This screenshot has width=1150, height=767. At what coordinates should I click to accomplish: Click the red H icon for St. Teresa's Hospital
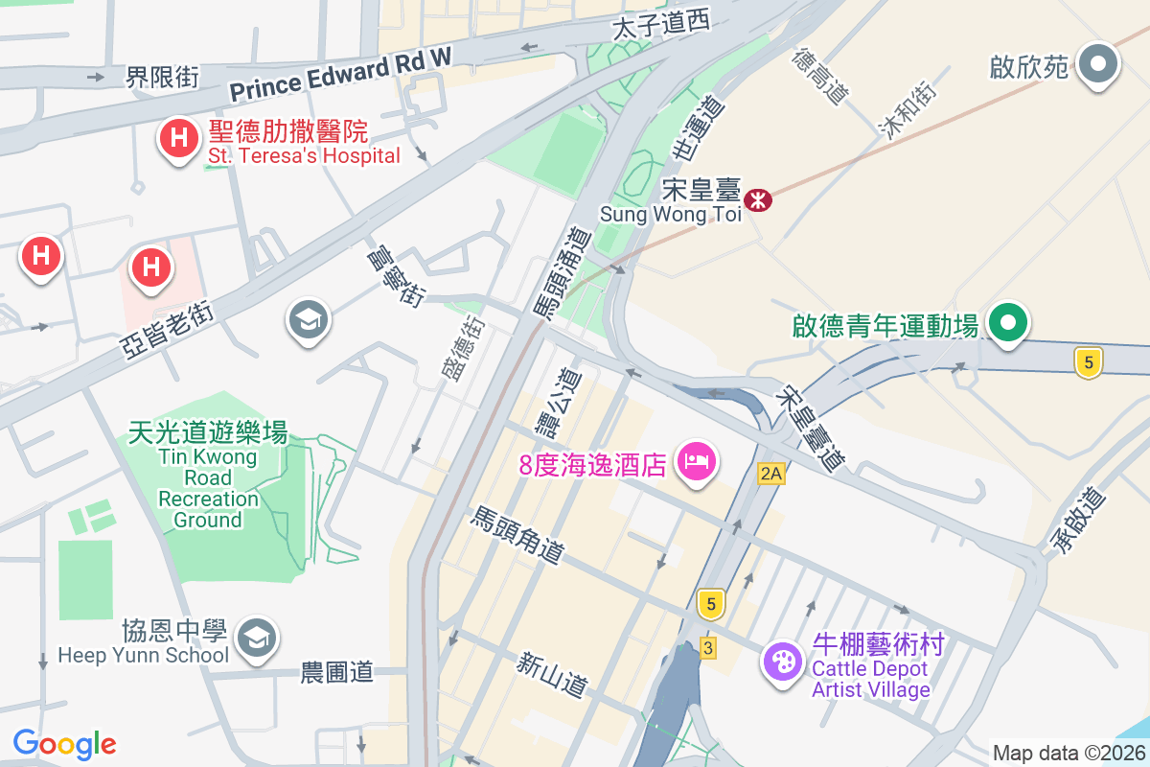[x=177, y=138]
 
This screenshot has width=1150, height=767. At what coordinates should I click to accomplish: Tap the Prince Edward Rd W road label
[x=340, y=76]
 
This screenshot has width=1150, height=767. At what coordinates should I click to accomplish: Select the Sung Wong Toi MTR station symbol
[x=759, y=200]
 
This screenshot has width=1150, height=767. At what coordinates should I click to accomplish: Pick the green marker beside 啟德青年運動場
[x=1008, y=322]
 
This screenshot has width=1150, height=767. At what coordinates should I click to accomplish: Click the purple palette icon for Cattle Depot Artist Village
[x=783, y=661]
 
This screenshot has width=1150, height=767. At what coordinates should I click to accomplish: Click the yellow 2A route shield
[x=770, y=473]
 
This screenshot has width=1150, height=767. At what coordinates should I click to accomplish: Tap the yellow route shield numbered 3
[x=708, y=648]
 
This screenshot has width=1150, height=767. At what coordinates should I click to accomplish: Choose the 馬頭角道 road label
[x=517, y=536]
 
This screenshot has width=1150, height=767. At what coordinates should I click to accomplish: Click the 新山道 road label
[x=551, y=674]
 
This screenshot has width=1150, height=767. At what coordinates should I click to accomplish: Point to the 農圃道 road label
[x=337, y=672]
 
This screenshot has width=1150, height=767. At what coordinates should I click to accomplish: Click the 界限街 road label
[x=162, y=77]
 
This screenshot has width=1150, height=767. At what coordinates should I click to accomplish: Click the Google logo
[x=64, y=744]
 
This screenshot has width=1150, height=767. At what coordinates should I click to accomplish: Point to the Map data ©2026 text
[x=1068, y=753]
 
